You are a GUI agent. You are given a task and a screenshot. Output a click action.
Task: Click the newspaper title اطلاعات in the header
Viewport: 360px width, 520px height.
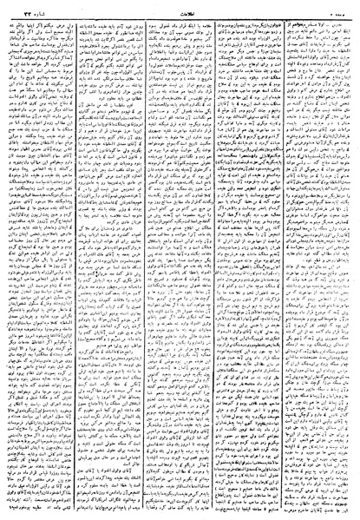click(x=180, y=9)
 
